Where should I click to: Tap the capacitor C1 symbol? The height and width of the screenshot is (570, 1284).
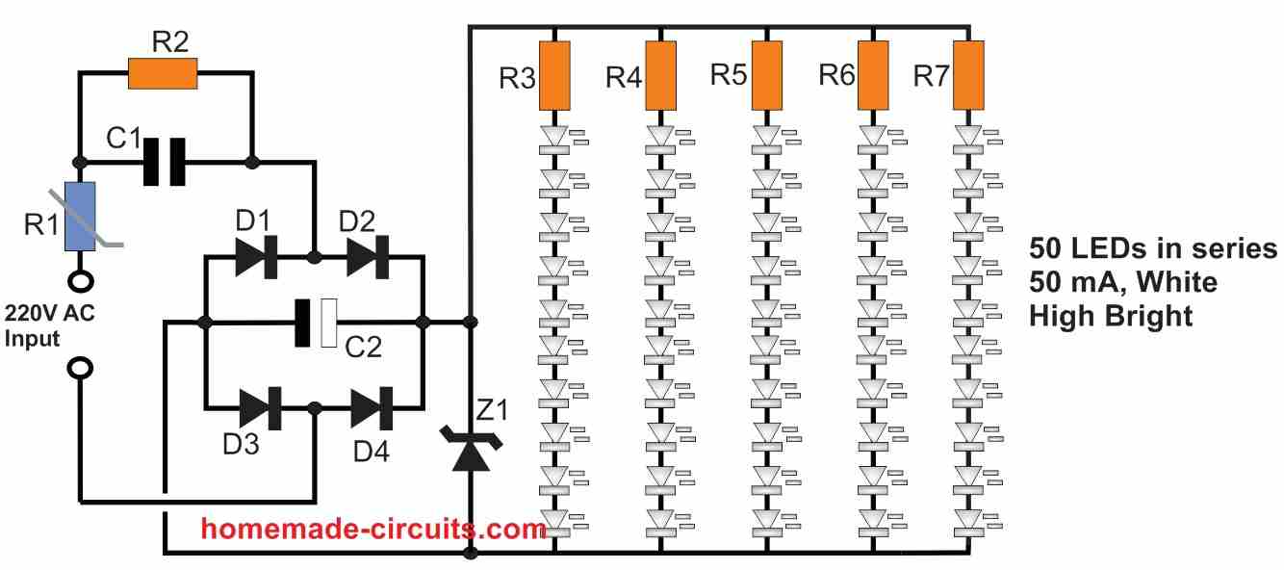(165, 161)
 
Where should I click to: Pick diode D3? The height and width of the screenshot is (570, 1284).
(259, 407)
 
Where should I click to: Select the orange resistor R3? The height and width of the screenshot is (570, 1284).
(554, 75)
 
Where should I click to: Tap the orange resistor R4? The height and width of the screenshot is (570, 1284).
(659, 75)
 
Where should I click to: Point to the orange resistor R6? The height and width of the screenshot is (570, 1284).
(872, 75)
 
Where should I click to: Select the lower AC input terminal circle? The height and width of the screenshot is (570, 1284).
(79, 369)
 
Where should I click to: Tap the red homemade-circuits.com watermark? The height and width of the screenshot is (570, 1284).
(374, 528)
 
